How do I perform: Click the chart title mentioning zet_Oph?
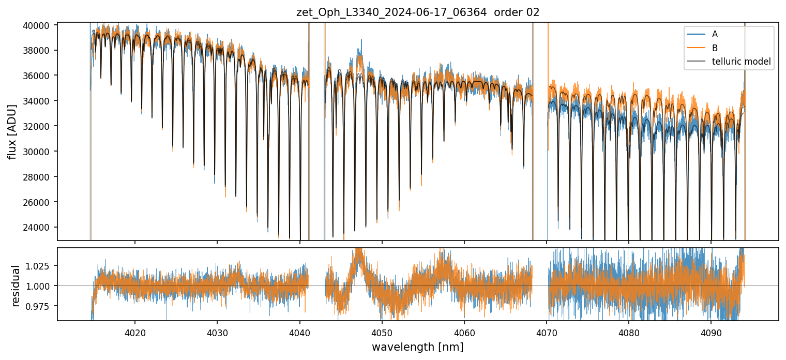(x=418, y=12)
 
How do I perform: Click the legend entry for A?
(x=715, y=34)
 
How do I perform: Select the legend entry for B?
(x=715, y=48)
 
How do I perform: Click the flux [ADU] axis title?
(x=12, y=131)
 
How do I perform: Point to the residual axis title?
(x=16, y=286)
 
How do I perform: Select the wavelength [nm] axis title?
(x=417, y=347)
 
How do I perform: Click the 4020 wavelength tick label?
(x=135, y=332)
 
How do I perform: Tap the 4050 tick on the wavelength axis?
(x=382, y=332)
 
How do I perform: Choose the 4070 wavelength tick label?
(x=547, y=332)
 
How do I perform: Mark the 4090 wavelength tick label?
(x=711, y=332)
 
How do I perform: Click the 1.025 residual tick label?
(x=41, y=266)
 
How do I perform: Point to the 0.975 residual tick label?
(x=41, y=306)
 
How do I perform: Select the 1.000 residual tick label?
(x=41, y=286)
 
